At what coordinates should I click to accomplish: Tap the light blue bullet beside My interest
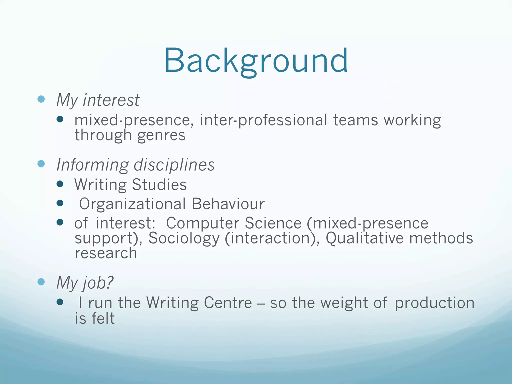(41, 99)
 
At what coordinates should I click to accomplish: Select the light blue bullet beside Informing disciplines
(41, 164)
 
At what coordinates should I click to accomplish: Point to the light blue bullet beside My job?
(41, 282)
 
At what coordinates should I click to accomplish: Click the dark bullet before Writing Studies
(60, 184)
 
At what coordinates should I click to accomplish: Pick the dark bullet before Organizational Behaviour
(60, 203)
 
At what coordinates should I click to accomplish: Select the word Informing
(92, 165)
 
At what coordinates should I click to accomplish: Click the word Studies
(159, 184)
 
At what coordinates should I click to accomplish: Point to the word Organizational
(132, 204)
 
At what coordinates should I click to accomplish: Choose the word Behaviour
(228, 204)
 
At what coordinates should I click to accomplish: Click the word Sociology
(184, 238)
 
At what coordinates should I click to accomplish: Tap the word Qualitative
(364, 238)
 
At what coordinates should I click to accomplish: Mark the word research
(106, 253)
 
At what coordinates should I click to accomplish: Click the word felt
(103, 318)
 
